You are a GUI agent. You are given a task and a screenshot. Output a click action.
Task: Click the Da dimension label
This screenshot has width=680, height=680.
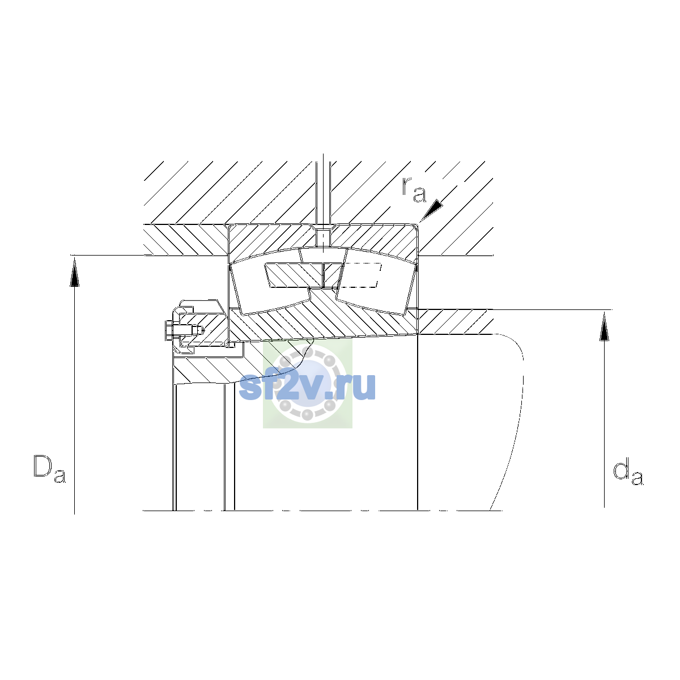(x=49, y=469)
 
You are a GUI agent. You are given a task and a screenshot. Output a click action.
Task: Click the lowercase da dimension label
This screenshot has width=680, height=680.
(x=628, y=471)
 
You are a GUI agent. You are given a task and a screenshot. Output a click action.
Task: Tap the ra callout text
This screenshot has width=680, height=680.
(x=414, y=190)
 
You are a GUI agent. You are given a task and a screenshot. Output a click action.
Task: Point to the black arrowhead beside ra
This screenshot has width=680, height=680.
(x=431, y=210)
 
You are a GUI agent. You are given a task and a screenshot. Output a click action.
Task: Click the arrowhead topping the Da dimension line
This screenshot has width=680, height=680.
(x=74, y=272)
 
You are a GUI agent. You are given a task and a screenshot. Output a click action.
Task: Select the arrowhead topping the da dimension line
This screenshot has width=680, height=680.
(x=604, y=326)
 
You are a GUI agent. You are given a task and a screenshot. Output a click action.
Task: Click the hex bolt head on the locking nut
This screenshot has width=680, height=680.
(x=169, y=330)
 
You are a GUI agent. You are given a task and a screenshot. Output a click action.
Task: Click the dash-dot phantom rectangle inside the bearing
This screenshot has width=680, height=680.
(x=361, y=275)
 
